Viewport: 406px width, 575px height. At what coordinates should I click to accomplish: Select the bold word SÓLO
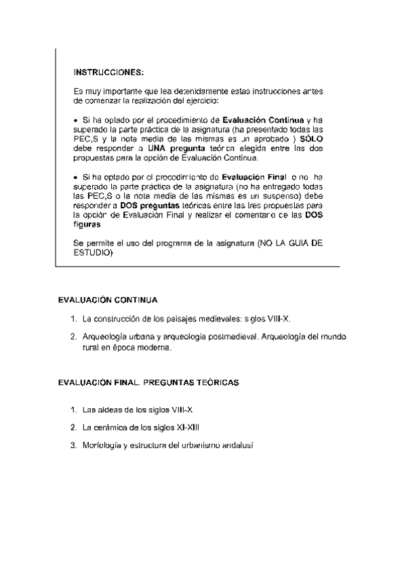309,138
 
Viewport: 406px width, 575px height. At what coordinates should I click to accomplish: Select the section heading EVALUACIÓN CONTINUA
108,299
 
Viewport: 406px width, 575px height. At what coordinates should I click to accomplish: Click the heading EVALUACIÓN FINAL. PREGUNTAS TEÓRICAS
148,383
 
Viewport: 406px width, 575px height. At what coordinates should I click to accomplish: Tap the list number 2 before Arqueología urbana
73,336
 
